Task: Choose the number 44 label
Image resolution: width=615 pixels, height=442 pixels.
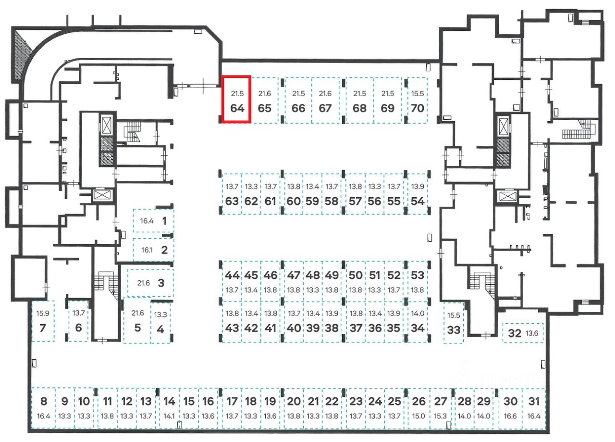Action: click(x=232, y=276)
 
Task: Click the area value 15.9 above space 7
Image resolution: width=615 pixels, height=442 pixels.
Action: click(x=42, y=313)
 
